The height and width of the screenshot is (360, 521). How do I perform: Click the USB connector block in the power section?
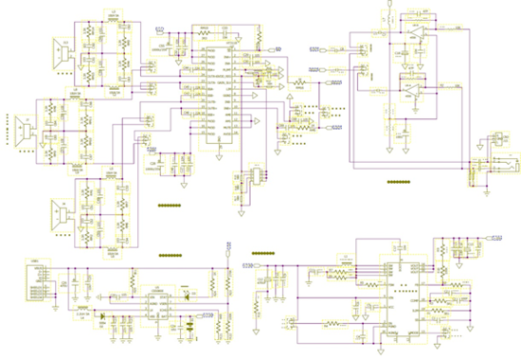[38, 275]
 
